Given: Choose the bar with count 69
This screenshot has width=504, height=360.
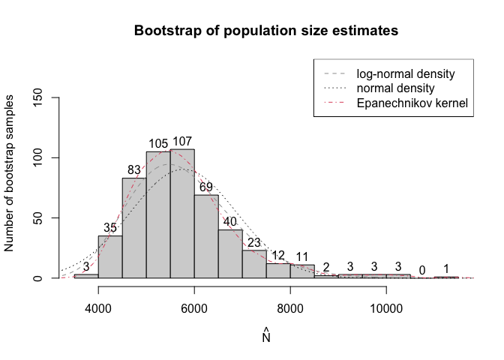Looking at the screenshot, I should [206, 236].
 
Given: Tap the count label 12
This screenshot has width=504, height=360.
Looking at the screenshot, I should [278, 255].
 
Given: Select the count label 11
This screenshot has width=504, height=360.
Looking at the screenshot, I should [302, 256].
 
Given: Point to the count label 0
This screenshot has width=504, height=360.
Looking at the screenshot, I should [422, 270].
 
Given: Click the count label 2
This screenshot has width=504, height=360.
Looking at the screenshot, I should [326, 268].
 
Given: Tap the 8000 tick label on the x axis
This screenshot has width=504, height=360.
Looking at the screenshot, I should [290, 307].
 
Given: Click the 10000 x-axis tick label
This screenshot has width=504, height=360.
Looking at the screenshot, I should [386, 307].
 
